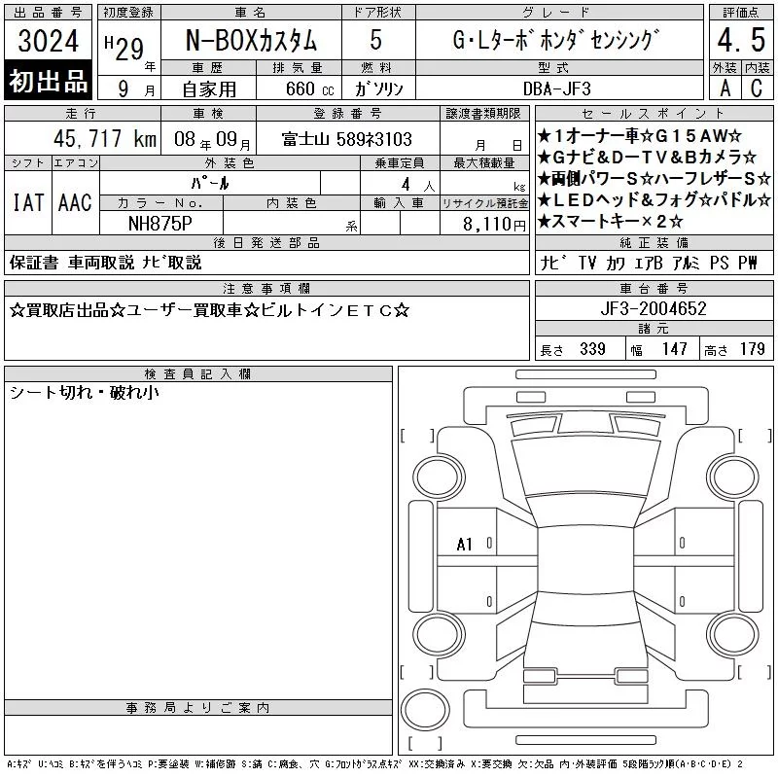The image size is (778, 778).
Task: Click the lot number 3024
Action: click(48, 41)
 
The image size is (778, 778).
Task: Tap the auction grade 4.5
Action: click(741, 40)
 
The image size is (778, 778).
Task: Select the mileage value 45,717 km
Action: click(105, 138)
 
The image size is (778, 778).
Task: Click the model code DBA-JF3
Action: click(556, 88)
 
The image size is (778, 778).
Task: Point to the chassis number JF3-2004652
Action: click(653, 308)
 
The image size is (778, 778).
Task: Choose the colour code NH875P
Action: click(160, 224)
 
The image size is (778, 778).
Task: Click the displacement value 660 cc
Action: click(309, 88)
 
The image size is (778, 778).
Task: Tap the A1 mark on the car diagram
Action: click(465, 545)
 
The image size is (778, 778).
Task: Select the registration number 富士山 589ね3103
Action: click(347, 139)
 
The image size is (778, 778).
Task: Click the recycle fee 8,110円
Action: click(494, 225)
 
